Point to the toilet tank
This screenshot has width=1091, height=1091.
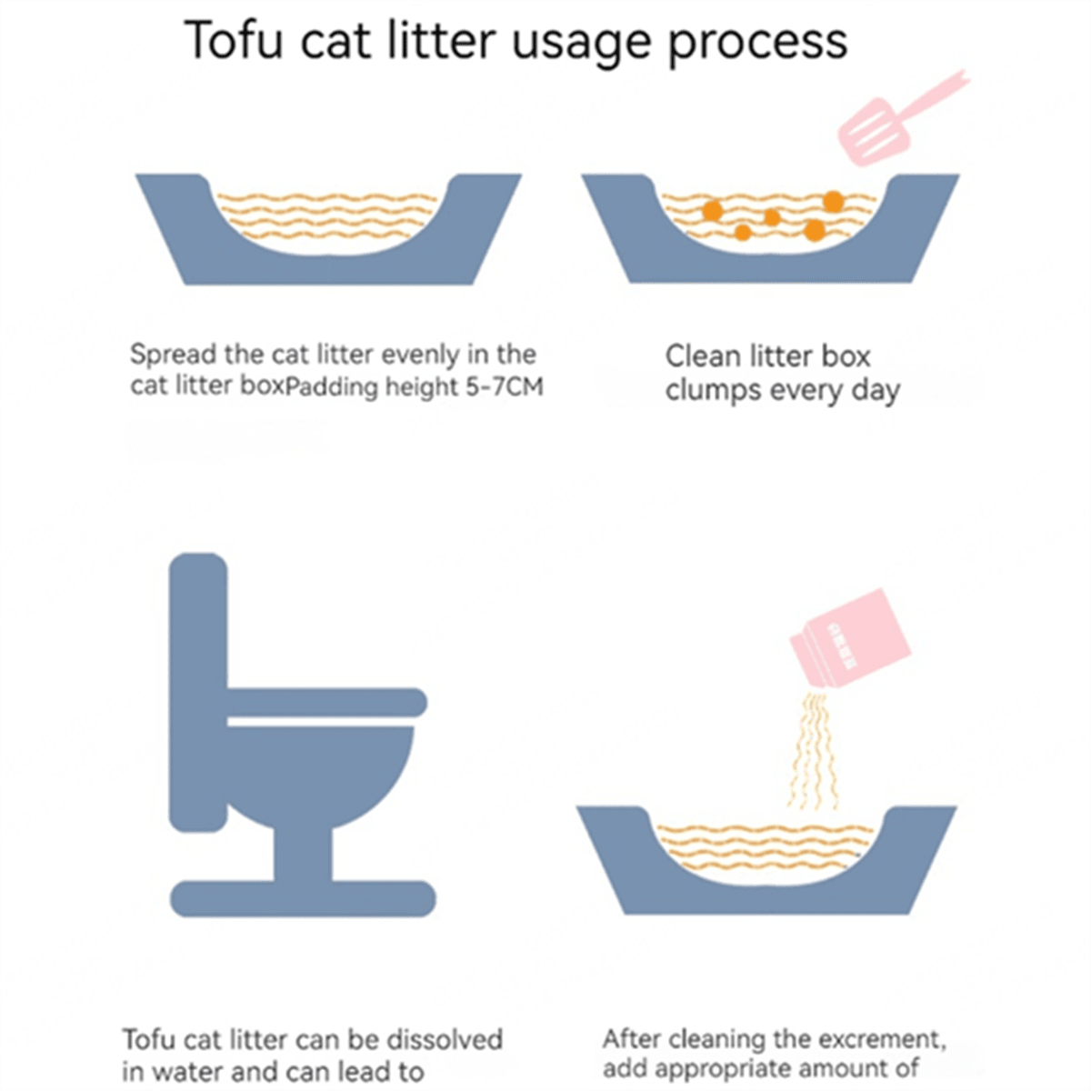coord(197,691)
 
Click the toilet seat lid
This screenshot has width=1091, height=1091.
coord(325,702)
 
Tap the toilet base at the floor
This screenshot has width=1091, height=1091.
coord(304,898)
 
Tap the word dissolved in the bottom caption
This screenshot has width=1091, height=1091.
coord(445,1039)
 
